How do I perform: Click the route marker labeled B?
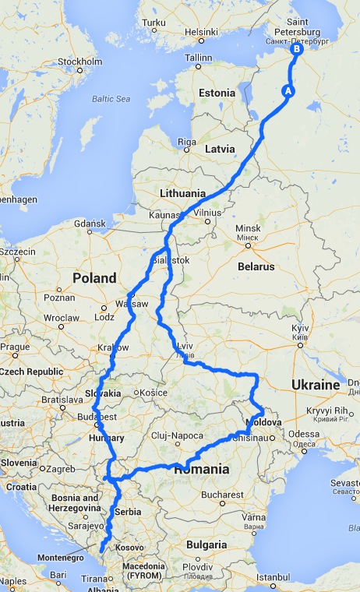tap(296, 49)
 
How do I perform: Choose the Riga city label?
tap(186, 141)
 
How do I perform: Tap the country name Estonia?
tap(217, 93)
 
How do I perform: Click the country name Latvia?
tap(220, 148)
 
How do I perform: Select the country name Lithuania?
tap(182, 192)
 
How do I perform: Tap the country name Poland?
tap(94, 278)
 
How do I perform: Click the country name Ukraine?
tap(315, 386)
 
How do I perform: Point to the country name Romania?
tap(201, 470)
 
